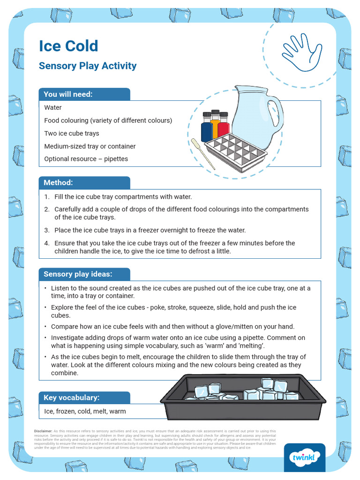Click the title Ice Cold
click(68, 46)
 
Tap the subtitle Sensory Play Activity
click(88, 66)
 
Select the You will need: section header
click(68, 94)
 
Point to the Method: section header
click(59, 182)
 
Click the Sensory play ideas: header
click(78, 274)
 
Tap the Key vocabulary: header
click(71, 397)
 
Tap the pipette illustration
click(202, 154)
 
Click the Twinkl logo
click(305, 457)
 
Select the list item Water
click(53, 107)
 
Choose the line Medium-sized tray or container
click(90, 146)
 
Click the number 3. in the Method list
click(47, 230)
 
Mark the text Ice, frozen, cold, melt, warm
click(85, 412)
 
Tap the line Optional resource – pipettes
click(86, 159)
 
